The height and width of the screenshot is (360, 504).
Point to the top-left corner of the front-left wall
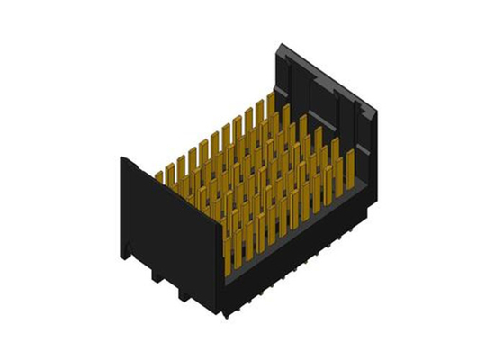click(x=121, y=158)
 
